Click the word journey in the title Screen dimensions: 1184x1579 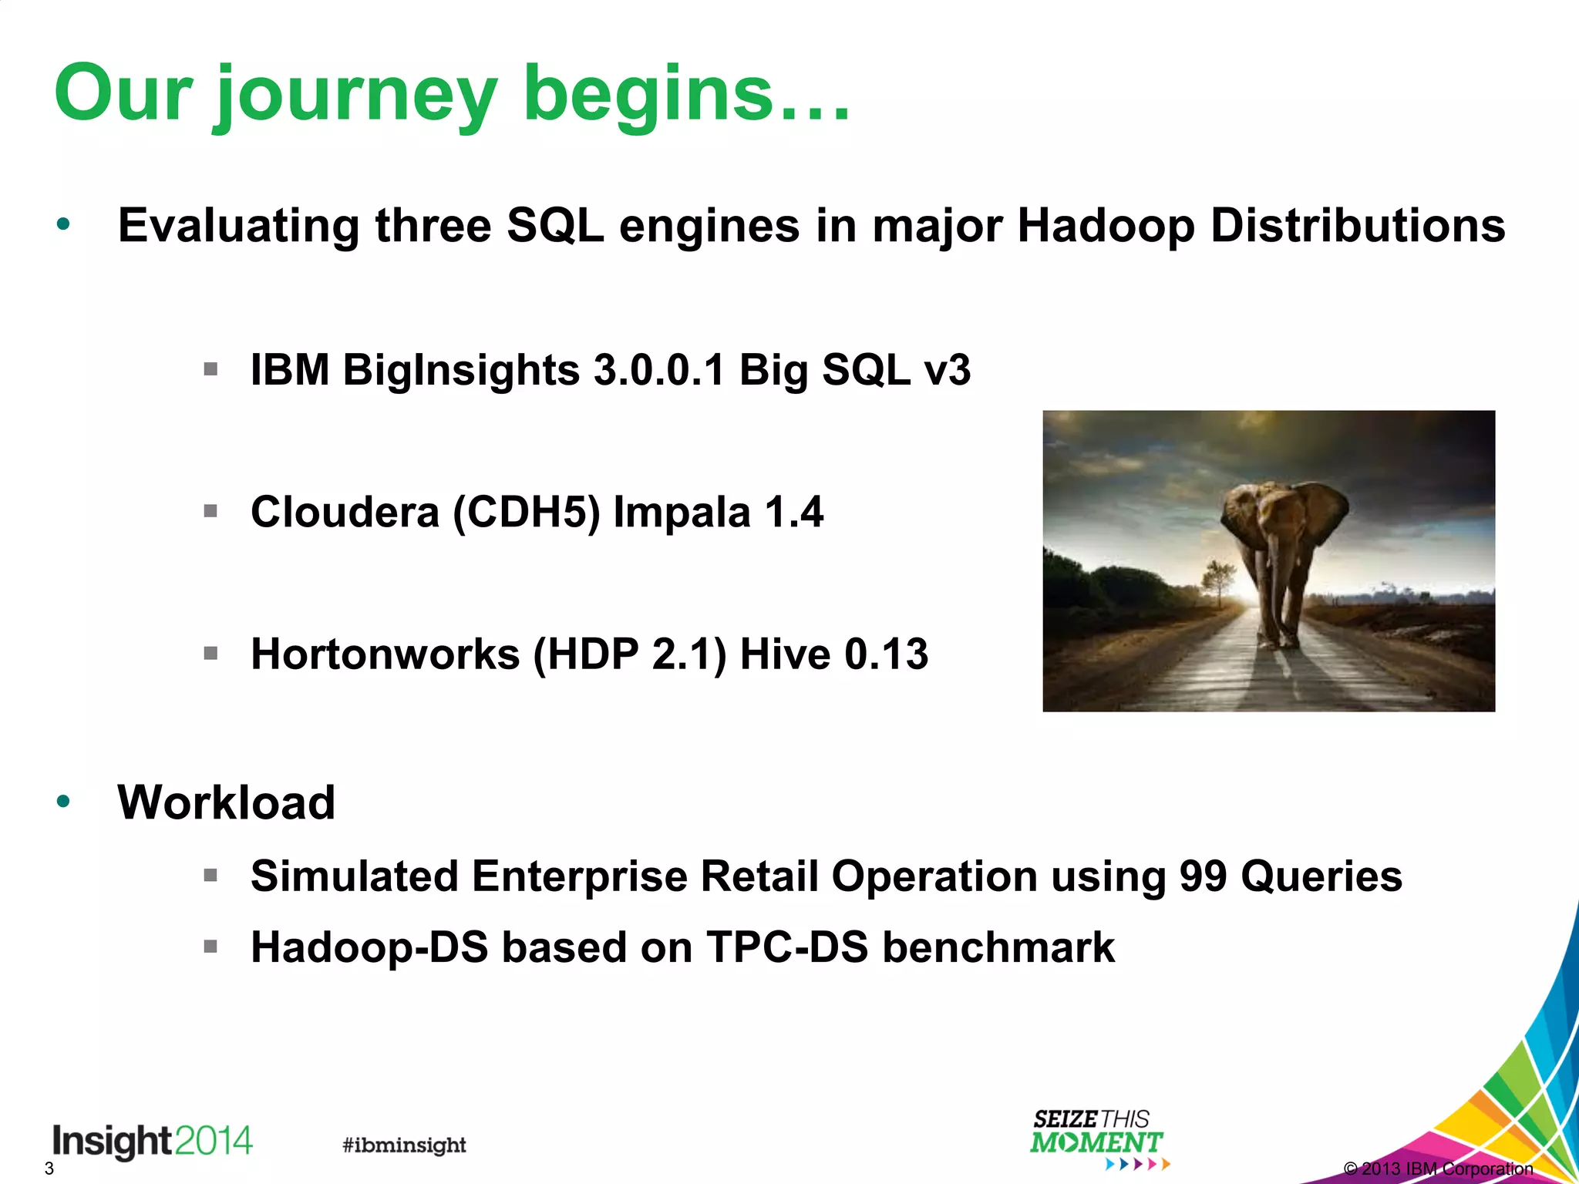[356, 96]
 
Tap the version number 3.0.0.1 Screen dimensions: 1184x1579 [659, 370]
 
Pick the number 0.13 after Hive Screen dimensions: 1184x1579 [886, 654]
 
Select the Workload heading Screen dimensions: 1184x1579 [226, 802]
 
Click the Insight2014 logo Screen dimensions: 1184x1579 [152, 1140]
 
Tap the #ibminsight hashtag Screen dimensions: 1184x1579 [404, 1145]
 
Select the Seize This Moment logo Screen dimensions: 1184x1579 [1096, 1135]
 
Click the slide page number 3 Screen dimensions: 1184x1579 [49, 1169]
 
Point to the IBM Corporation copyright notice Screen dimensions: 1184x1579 [1438, 1169]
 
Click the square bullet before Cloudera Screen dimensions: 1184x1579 [210, 511]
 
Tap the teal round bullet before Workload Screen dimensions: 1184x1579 [63, 802]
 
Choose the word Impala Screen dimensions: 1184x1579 [682, 513]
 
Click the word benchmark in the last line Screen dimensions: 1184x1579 [998, 947]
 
